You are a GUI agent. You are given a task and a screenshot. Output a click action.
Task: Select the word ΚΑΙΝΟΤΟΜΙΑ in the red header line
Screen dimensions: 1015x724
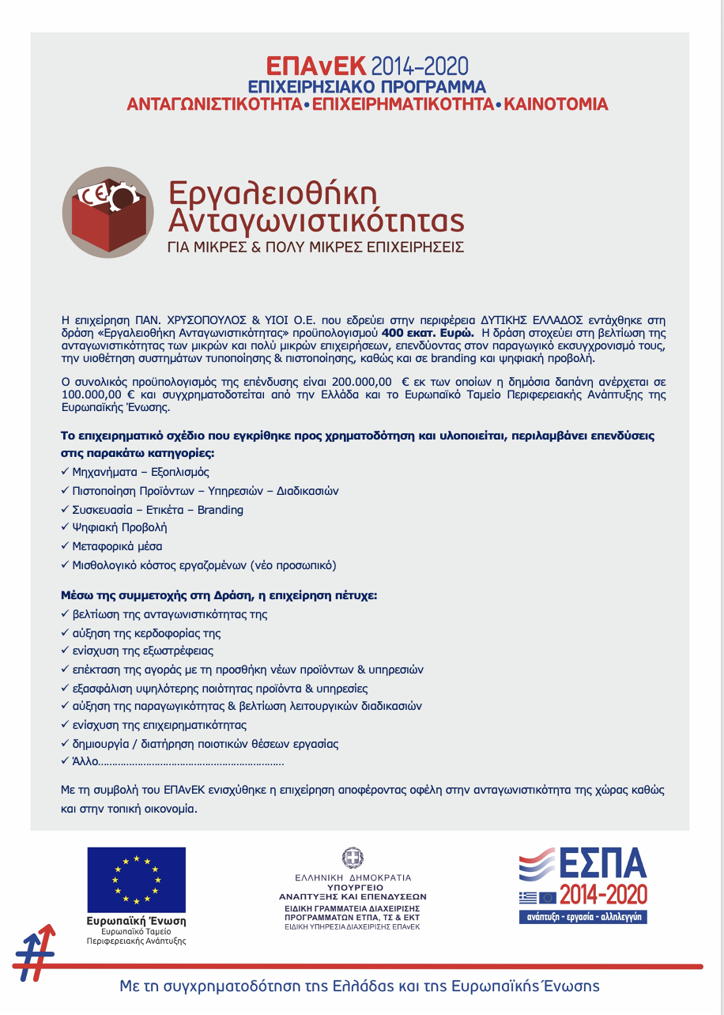556,104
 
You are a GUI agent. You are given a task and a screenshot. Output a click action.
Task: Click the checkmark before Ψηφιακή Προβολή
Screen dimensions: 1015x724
65,527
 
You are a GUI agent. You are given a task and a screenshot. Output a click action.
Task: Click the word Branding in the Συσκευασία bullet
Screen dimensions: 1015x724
221,510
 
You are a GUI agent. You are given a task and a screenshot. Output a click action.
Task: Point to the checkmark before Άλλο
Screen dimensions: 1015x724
65,762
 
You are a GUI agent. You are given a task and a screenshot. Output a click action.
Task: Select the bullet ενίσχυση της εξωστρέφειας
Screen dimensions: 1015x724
142,651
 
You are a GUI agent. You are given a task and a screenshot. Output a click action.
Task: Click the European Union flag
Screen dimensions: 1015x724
136,879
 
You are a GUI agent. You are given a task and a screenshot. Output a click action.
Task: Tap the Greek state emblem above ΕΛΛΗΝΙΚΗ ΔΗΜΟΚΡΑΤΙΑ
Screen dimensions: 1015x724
353,858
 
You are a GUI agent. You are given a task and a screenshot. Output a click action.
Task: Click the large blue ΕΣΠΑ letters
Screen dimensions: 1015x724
603,865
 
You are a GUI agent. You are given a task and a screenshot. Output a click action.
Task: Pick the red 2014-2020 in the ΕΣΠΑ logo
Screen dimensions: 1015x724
603,896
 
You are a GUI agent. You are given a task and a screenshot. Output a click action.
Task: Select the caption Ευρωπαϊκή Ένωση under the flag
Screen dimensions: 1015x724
136,922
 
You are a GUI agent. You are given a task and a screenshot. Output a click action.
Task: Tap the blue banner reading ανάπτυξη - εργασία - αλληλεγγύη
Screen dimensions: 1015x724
583,917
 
